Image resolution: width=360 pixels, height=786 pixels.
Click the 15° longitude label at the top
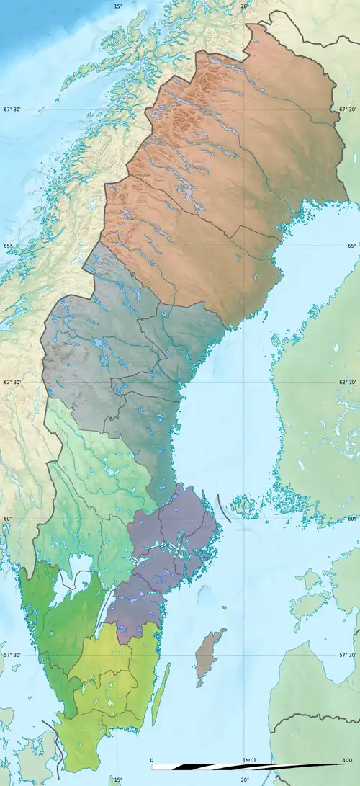(118, 6)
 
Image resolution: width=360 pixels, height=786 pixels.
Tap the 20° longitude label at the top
(244, 6)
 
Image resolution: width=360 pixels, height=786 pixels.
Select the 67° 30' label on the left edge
(12, 110)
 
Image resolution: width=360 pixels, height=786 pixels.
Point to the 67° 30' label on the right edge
(347, 110)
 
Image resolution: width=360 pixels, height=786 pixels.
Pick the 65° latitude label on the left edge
(8, 246)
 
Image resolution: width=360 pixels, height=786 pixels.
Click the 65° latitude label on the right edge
(352, 246)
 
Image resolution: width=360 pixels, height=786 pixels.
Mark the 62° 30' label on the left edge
(12, 382)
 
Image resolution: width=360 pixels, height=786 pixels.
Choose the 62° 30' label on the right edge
(347, 382)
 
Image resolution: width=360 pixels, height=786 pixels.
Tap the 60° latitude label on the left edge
(8, 519)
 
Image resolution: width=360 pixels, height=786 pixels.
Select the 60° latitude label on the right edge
(352, 519)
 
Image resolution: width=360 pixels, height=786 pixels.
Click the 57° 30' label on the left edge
(12, 655)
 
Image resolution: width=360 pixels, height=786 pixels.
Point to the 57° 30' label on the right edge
(347, 655)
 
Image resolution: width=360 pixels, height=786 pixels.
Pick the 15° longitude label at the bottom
(118, 780)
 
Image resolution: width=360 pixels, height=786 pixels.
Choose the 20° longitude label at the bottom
(244, 780)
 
